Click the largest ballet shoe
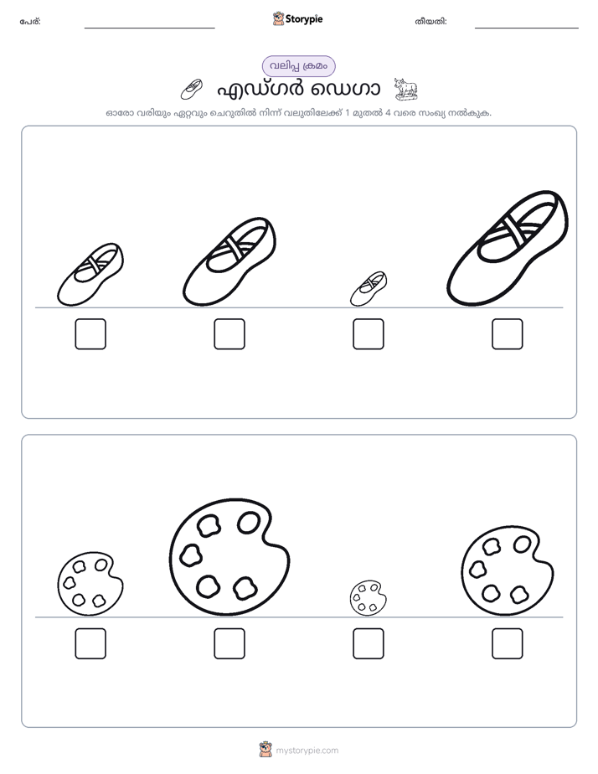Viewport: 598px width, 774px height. [508, 249]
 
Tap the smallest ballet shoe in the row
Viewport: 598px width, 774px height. [368, 288]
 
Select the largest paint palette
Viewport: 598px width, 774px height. [229, 557]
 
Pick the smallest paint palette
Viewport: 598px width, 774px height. [368, 598]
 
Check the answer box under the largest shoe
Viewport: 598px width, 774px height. [508, 334]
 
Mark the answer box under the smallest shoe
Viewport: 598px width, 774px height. [368, 334]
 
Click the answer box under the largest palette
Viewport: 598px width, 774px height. [229, 643]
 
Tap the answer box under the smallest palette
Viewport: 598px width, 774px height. [368, 643]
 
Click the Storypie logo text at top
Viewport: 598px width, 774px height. [304, 19]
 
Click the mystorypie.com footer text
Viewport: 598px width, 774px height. [307, 751]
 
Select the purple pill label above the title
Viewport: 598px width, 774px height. [298, 66]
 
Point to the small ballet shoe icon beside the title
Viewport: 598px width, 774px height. [192, 89]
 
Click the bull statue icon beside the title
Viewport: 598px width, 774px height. [406, 89]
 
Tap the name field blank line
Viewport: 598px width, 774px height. [149, 28]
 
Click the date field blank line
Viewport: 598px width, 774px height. [527, 28]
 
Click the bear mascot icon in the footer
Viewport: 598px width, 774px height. [265, 750]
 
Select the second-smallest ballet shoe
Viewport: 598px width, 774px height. [90, 275]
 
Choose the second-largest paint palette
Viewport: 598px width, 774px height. [508, 570]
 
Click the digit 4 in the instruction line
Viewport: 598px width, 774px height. [388, 113]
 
